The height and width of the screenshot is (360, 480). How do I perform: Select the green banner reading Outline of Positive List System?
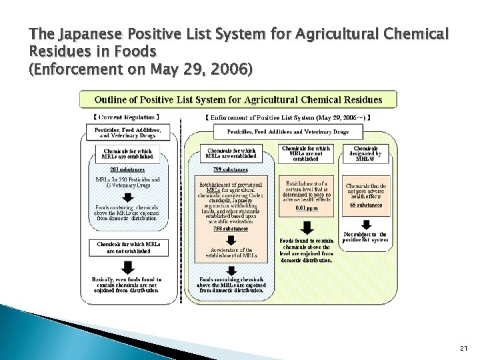(239, 100)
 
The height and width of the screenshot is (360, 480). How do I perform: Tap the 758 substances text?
(231, 228)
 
